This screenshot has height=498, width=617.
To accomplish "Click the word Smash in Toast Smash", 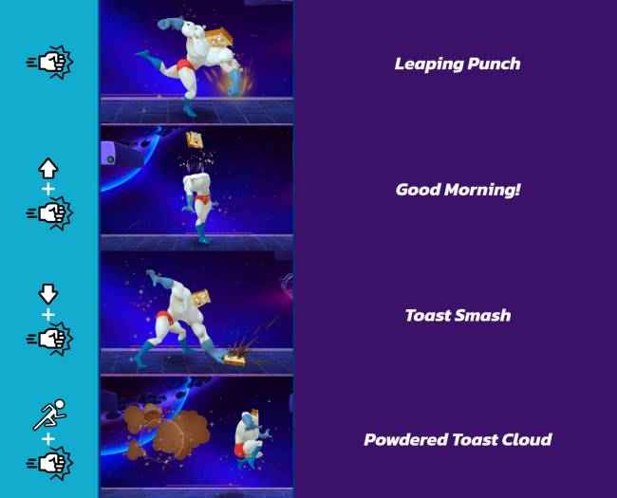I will (484, 315).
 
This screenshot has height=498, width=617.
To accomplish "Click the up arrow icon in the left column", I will (48, 169).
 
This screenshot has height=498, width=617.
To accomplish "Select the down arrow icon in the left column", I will (48, 294).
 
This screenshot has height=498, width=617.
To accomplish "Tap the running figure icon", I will (48, 415).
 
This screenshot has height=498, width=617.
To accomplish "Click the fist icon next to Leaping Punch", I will (49, 63).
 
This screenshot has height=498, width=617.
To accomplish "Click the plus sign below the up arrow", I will (48, 190).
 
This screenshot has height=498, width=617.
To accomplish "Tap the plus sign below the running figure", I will (48, 440).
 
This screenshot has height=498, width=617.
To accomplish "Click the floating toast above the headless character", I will (196, 141).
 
